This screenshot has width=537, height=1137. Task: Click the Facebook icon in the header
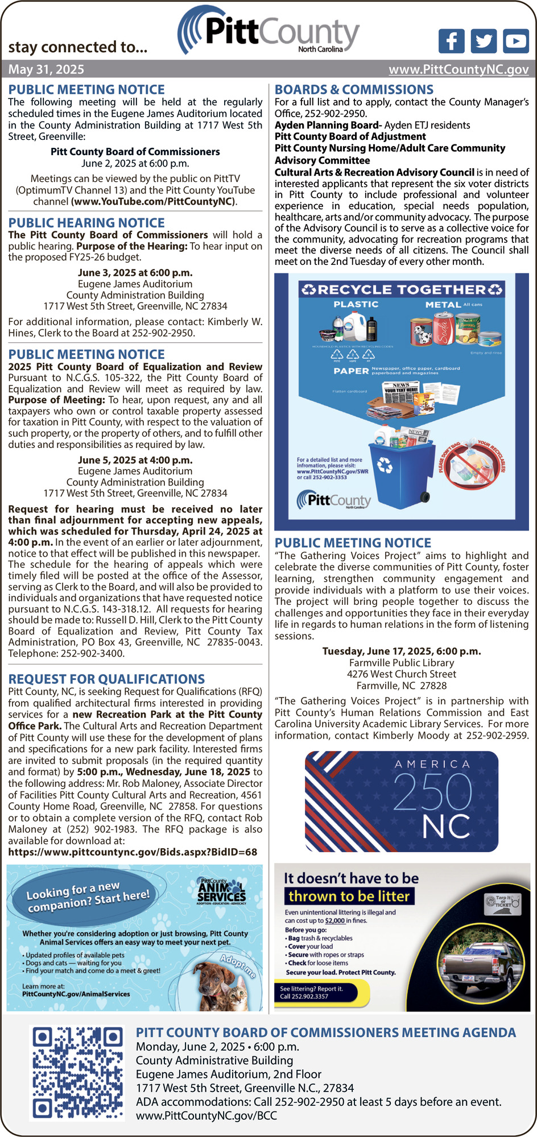coord(451,41)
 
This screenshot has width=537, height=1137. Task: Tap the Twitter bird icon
coord(484,41)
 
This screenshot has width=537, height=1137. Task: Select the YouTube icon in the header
coord(516,41)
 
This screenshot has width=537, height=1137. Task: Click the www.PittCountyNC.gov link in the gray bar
coord(458,69)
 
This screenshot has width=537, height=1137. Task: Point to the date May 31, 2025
coord(46,69)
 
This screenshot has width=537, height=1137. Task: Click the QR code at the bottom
coord(77,1073)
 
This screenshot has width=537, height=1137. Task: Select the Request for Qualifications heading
coord(106,679)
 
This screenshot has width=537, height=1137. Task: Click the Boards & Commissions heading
coord(354,89)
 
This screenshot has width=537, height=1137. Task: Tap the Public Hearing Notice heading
coord(86,223)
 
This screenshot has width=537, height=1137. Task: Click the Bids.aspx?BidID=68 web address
coord(133,852)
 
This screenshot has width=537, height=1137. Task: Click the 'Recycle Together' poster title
coord(402,289)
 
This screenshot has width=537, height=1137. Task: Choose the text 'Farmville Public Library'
coord(402,663)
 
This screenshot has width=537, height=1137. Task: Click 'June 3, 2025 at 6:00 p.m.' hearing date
coord(135,273)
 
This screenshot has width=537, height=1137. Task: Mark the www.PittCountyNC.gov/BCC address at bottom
coord(206,1115)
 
